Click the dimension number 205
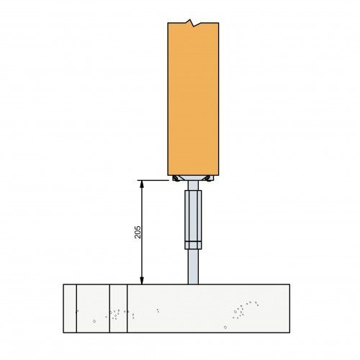point(138,233)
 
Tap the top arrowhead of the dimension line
point(143,184)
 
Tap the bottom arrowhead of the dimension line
point(143,280)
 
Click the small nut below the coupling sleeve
point(192,244)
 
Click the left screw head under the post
point(175,178)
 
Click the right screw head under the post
point(210,178)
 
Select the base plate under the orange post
point(192,180)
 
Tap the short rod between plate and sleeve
point(192,185)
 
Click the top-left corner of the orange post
point(168,24)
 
